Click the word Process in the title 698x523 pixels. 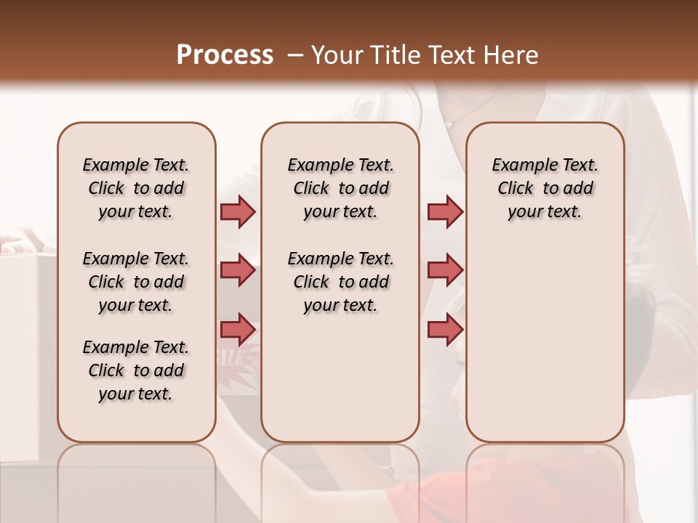[x=225, y=54]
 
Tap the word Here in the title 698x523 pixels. [x=513, y=54]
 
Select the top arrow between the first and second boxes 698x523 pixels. [x=238, y=211]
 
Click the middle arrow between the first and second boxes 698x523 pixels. [x=238, y=270]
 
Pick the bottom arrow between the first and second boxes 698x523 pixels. [x=238, y=329]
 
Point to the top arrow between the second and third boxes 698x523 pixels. [x=445, y=211]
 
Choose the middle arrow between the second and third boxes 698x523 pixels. [x=445, y=270]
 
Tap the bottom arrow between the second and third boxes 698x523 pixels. [x=445, y=329]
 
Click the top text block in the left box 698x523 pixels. [x=136, y=188]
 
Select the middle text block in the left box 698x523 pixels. [x=136, y=282]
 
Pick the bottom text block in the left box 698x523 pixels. [x=136, y=370]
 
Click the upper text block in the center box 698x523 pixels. [x=340, y=188]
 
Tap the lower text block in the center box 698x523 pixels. [x=340, y=282]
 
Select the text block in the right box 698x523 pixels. [x=545, y=188]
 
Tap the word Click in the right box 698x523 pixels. [x=516, y=188]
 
